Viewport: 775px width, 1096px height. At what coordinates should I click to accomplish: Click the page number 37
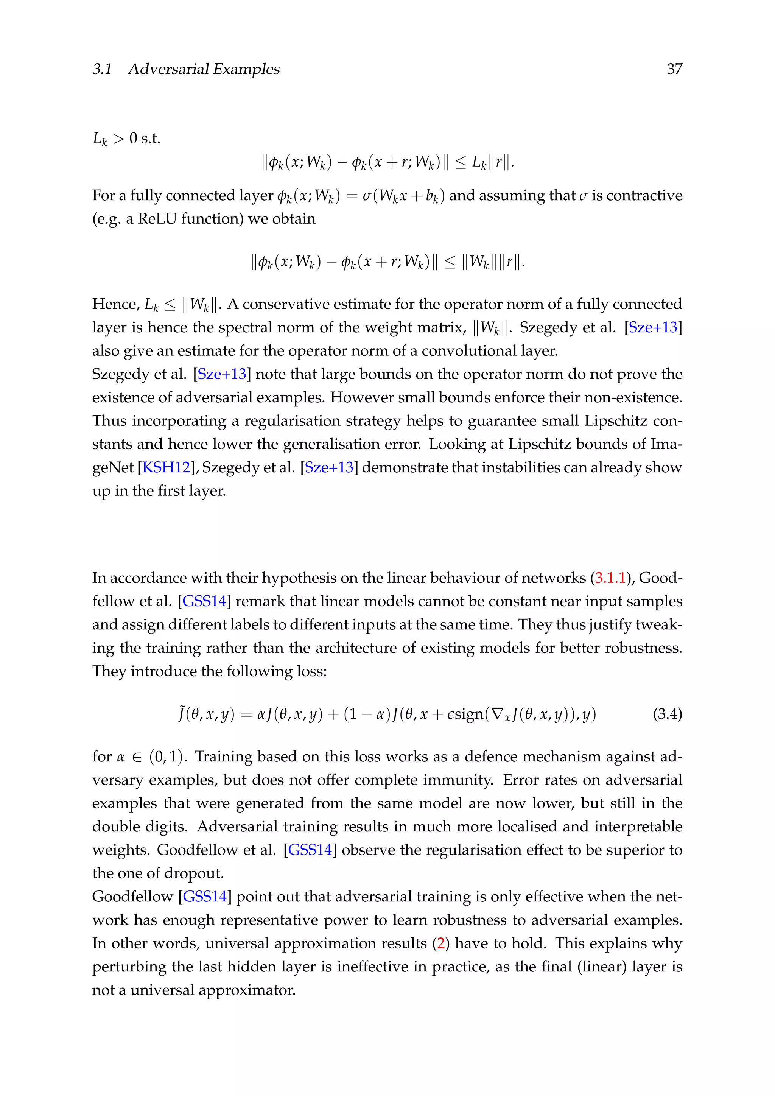674,69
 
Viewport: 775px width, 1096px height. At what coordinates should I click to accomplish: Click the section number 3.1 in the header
102,69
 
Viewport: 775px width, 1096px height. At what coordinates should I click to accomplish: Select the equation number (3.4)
667,714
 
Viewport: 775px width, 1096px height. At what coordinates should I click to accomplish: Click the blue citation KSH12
166,467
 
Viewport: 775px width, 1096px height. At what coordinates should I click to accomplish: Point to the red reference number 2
440,943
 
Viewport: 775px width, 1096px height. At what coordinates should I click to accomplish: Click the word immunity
460,780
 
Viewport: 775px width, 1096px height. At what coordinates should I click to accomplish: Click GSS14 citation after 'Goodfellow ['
205,897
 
